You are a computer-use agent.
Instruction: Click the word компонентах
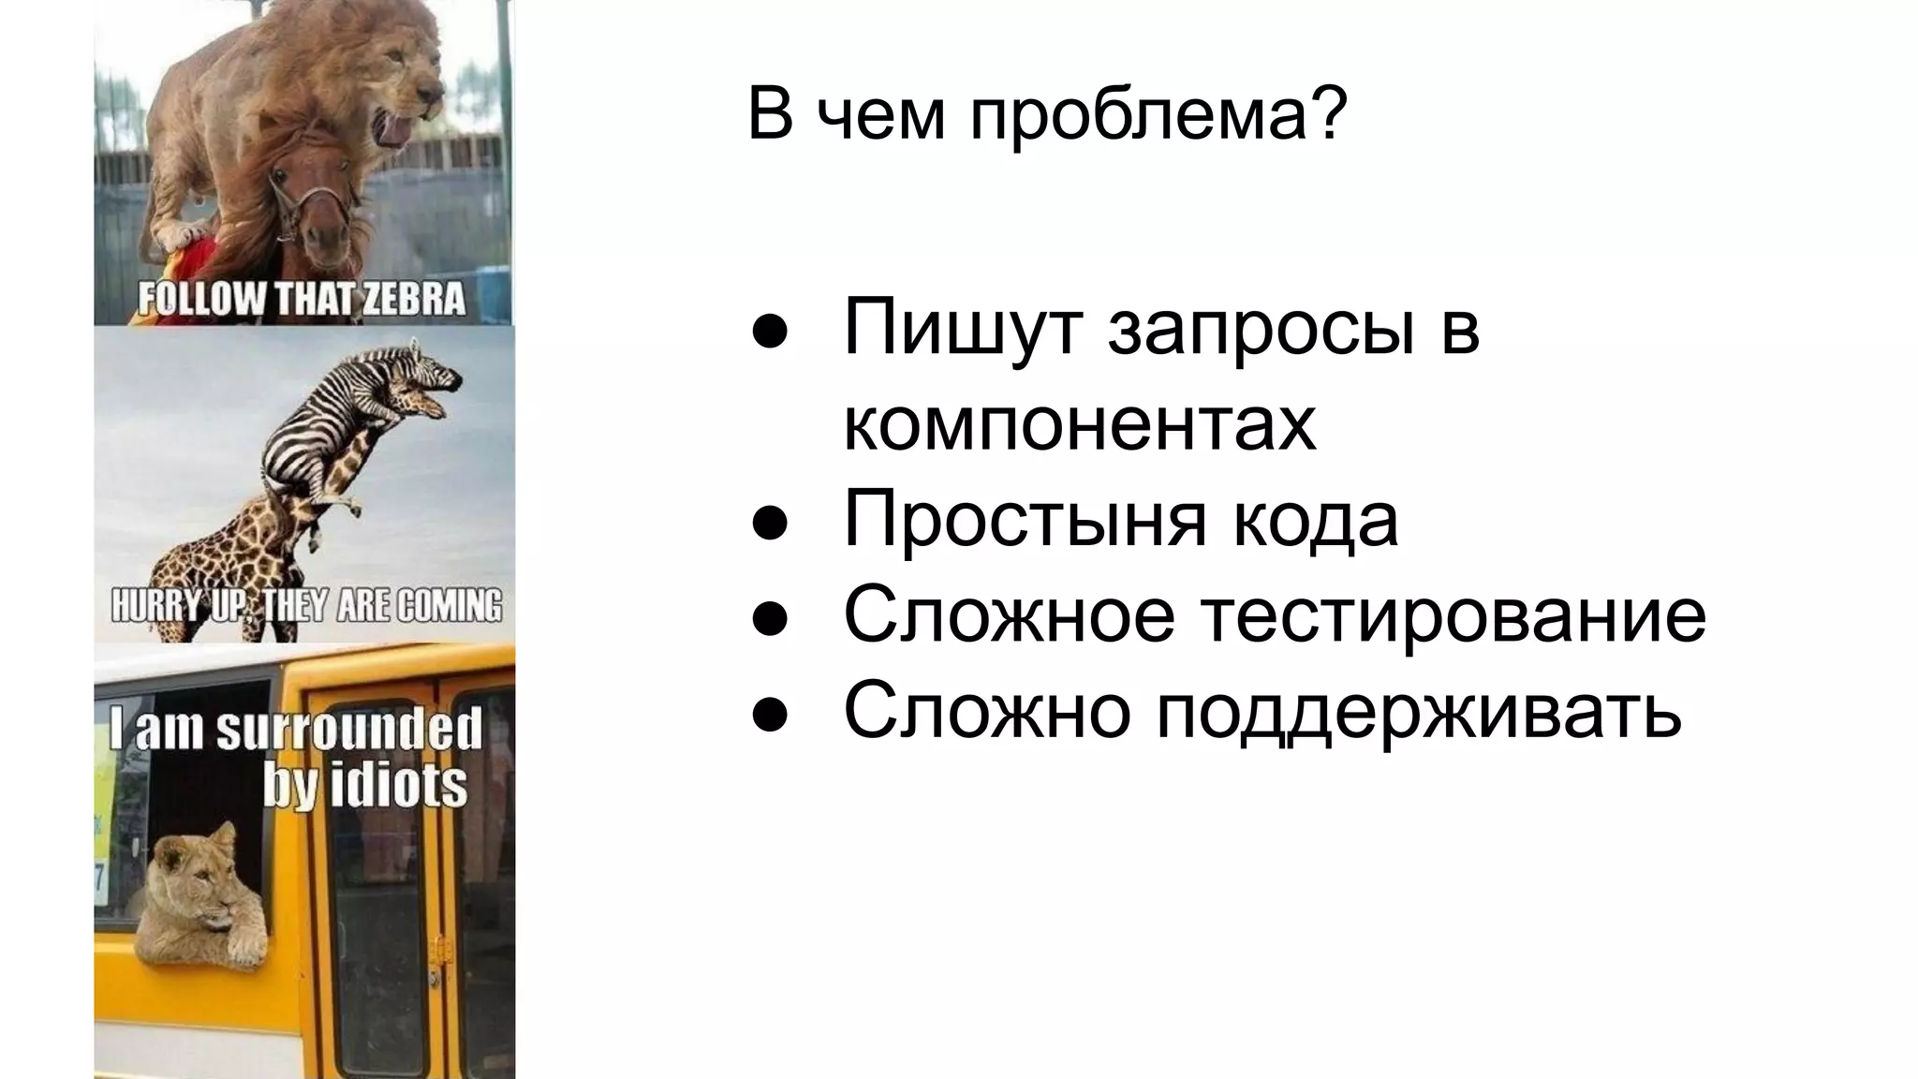[1080, 424]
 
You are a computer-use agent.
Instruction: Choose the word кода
[1315, 520]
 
